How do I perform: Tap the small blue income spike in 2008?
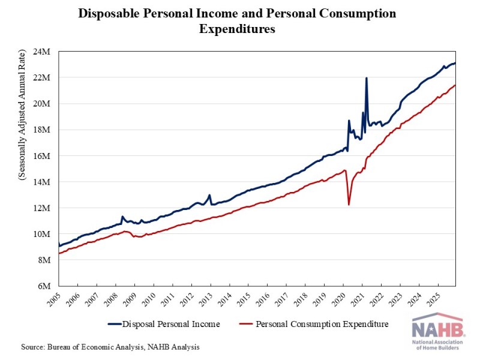tap(122, 217)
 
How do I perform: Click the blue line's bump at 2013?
tap(209, 195)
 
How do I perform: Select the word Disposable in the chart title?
tap(112, 13)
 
